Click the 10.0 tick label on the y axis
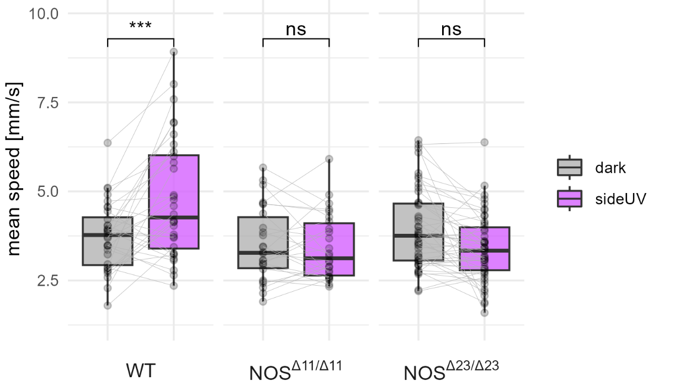(43, 13)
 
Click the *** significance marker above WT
(140, 25)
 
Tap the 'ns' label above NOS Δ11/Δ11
(296, 29)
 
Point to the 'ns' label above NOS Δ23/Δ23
(451, 29)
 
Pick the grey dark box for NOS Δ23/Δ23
(418, 232)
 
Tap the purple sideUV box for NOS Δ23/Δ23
(485, 248)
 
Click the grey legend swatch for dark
(570, 167)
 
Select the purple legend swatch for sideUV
(570, 198)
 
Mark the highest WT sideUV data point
(174, 52)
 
